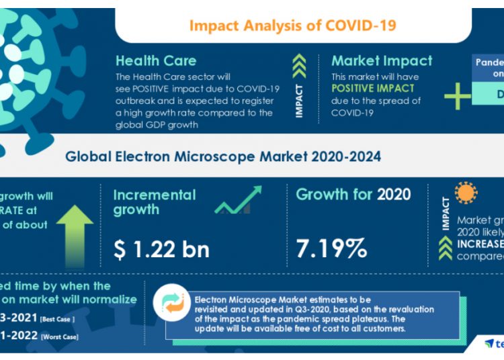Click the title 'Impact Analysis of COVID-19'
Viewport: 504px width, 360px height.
(x=292, y=26)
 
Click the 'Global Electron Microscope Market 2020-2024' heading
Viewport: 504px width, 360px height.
(x=223, y=156)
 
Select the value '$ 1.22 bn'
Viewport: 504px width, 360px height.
(x=161, y=249)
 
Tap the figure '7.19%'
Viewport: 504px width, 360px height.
(x=332, y=249)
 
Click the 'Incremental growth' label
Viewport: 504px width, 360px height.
(x=155, y=202)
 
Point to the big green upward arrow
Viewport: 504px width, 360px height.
(x=75, y=232)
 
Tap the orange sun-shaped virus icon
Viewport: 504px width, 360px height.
(x=466, y=193)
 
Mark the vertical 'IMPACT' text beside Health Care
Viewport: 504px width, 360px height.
(x=300, y=101)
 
